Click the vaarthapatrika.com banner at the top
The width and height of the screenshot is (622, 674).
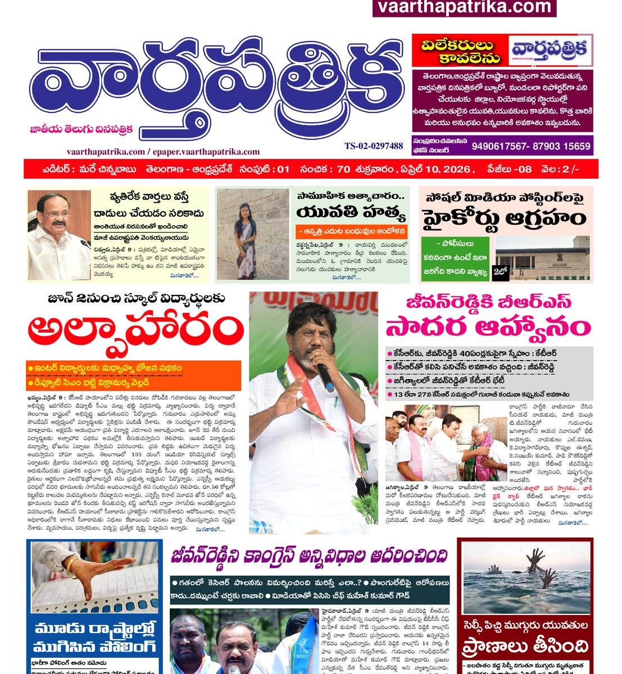pyautogui.click(x=464, y=7)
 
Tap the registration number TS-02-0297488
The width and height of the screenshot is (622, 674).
pyautogui.click(x=374, y=146)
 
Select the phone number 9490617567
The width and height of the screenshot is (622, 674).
pyautogui.click(x=500, y=147)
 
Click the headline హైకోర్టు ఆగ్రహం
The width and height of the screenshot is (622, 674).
pyautogui.click(x=505, y=218)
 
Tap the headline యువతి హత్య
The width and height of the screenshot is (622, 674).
pyautogui.click(x=351, y=213)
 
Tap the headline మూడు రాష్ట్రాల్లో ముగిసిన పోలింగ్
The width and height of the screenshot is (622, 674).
pyautogui.click(x=94, y=637)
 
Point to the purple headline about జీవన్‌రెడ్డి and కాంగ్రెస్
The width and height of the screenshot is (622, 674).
pyautogui.click(x=310, y=557)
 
